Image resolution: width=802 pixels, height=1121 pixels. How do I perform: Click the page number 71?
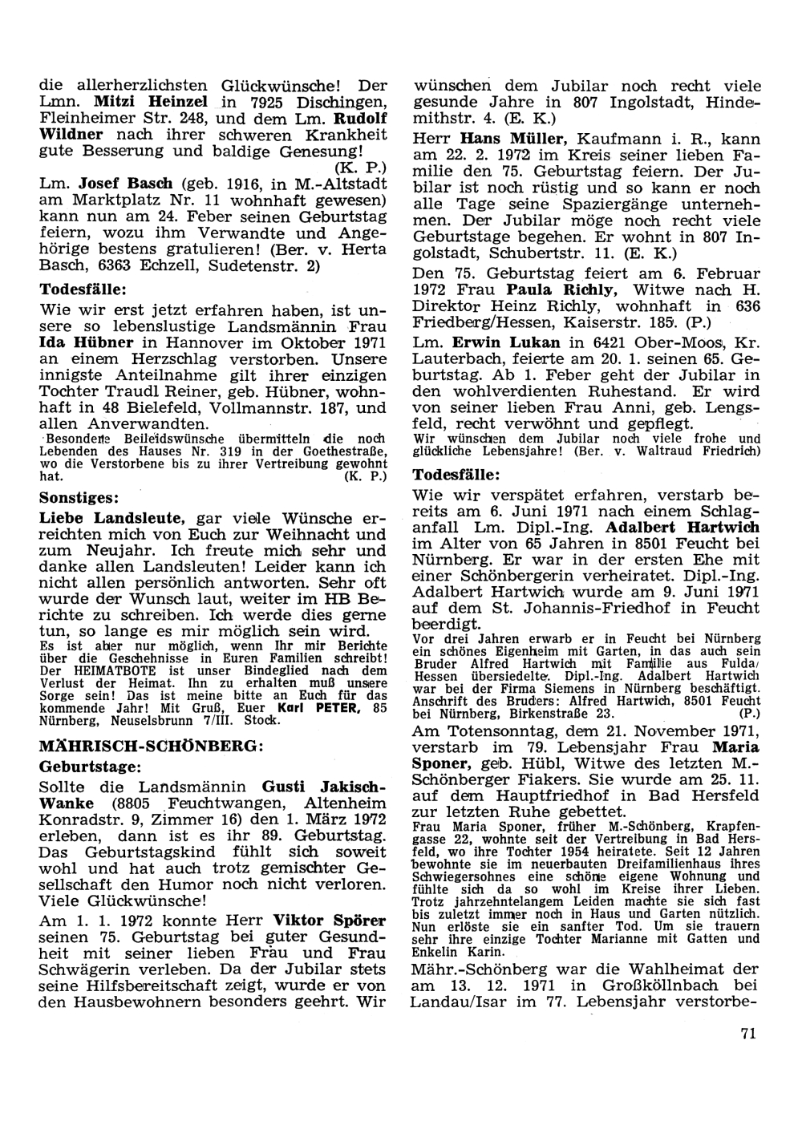(749, 1055)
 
